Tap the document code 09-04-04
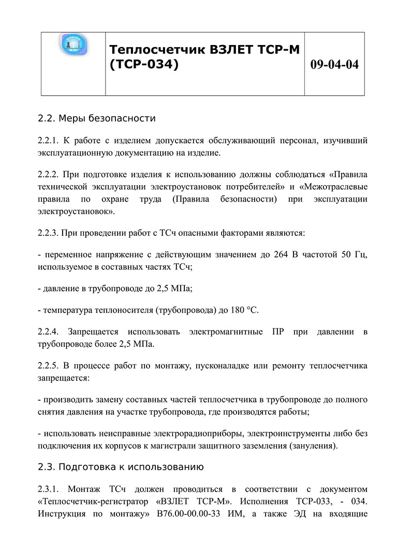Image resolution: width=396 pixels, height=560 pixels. coord(334,65)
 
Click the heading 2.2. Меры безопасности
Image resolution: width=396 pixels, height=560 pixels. coord(97,118)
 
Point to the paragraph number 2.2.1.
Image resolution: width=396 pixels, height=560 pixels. coord(49,140)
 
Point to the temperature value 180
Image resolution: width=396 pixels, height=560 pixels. coord(237,310)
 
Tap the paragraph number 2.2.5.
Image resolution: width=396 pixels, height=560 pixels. coord(49,366)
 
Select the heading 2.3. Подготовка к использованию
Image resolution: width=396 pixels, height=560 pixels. coord(121,467)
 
